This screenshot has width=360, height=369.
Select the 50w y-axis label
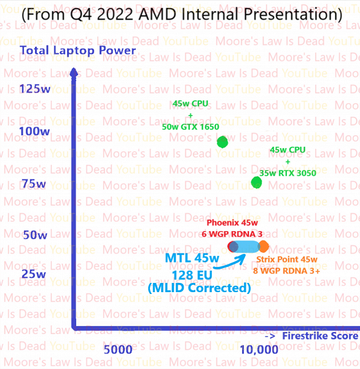(x=35, y=235)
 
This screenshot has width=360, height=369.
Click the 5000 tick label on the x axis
(x=118, y=349)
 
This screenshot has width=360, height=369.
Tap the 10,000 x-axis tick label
(x=259, y=349)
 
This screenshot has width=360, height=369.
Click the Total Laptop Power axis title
(x=77, y=50)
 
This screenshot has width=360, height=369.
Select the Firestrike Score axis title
(x=319, y=336)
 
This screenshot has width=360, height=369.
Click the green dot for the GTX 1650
(x=222, y=142)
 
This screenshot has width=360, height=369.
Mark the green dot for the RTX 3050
(x=257, y=182)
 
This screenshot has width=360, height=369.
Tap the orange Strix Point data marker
(x=264, y=247)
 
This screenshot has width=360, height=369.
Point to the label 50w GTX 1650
(x=190, y=127)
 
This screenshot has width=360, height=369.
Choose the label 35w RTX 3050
(x=288, y=173)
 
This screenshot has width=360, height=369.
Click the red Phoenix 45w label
(x=232, y=223)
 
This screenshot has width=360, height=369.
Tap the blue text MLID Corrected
(x=199, y=288)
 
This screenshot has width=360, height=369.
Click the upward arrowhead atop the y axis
(x=74, y=71)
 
